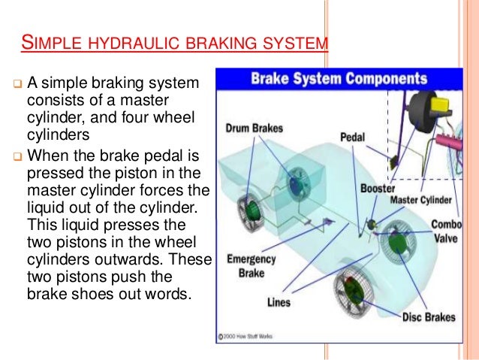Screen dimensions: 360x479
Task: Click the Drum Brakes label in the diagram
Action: click(254, 129)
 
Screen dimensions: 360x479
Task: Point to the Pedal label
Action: click(352, 138)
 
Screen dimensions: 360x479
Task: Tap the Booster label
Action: click(378, 189)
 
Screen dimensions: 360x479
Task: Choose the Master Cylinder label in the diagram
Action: click(421, 201)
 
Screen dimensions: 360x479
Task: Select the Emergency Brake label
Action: click(252, 266)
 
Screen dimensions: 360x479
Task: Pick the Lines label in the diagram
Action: click(279, 304)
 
